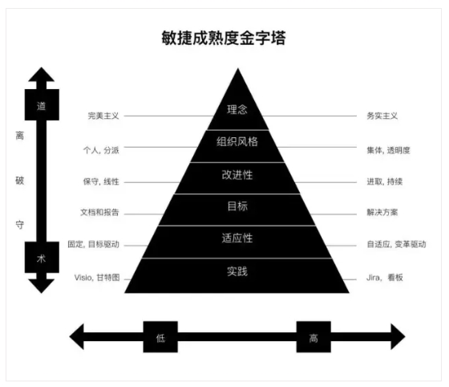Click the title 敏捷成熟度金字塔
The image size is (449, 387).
pyautogui.click(x=224, y=38)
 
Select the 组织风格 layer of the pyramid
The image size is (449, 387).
pyautogui.click(x=237, y=146)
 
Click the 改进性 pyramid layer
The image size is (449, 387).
pyautogui.click(x=237, y=178)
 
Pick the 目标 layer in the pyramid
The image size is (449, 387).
pyautogui.click(x=237, y=210)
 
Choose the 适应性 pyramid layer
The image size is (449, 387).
pyautogui.click(x=237, y=242)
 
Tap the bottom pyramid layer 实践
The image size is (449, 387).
pyautogui.click(x=237, y=275)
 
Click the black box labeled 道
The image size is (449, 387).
pyautogui.click(x=42, y=104)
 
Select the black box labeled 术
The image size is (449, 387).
pyautogui.click(x=42, y=257)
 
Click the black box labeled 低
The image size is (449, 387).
pyautogui.click(x=160, y=337)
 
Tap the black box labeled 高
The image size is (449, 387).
pyautogui.click(x=313, y=337)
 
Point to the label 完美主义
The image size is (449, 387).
pyautogui.click(x=103, y=116)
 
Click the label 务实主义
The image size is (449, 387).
pyautogui.click(x=382, y=116)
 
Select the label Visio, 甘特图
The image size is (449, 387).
pyautogui.click(x=97, y=278)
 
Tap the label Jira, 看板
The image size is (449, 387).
pyautogui.click(x=385, y=278)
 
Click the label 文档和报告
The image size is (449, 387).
pyautogui.click(x=99, y=212)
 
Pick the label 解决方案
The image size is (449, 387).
pyautogui.click(x=382, y=212)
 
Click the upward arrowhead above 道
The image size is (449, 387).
pyautogui.click(x=42, y=75)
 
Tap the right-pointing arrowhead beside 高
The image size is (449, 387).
pyautogui.click(x=398, y=336)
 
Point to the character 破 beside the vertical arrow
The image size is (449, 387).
pyautogui.click(x=19, y=181)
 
